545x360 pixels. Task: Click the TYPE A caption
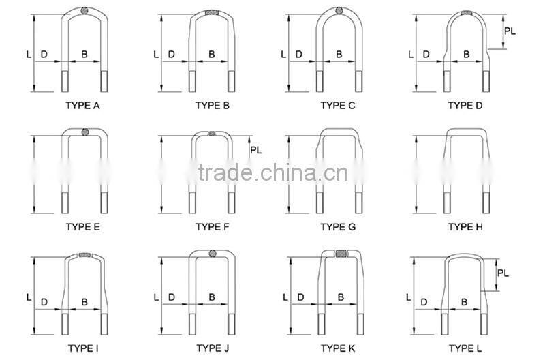click(82, 106)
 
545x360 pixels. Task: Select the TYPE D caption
click(465, 106)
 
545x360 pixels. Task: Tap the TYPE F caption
click(212, 227)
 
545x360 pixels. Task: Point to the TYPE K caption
click(338, 348)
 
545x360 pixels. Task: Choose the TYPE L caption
click(465, 348)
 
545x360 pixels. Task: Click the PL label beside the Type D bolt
click(510, 31)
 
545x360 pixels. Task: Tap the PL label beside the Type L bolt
click(503, 273)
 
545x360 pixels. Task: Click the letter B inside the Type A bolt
click(84, 54)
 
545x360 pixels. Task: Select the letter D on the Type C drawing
click(299, 54)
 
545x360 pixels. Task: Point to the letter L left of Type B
click(155, 54)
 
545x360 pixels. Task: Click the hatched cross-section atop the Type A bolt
click(84, 12)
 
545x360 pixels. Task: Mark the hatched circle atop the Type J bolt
click(212, 255)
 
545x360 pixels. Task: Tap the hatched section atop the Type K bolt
click(339, 254)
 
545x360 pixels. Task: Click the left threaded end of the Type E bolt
click(65, 202)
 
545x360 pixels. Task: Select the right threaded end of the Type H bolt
click(486, 202)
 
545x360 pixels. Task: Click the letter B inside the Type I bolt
click(84, 301)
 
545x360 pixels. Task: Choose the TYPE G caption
click(338, 227)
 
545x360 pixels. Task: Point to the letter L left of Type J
click(155, 297)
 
